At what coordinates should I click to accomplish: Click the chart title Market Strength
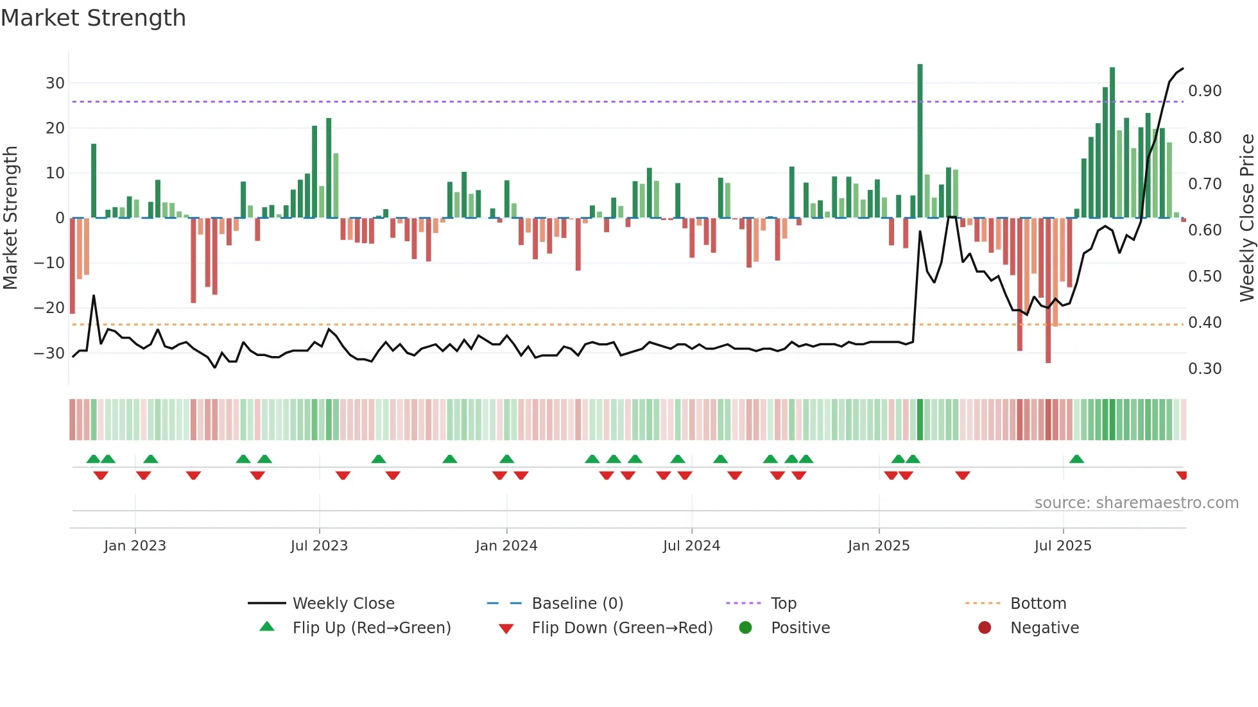(94, 18)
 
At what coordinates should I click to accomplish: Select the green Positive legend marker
(745, 627)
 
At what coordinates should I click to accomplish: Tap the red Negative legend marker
(985, 627)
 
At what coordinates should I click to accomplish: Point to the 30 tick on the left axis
(55, 83)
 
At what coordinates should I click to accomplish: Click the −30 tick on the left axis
(49, 353)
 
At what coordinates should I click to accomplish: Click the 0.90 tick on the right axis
(1205, 91)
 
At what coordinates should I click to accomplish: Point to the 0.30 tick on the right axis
(1205, 368)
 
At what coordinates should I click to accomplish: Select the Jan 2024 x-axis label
(506, 545)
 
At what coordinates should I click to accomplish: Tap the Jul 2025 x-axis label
(1063, 545)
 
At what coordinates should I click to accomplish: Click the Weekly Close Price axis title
(1246, 217)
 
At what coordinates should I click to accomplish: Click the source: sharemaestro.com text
(1136, 502)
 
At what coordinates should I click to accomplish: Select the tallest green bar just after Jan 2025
(920, 141)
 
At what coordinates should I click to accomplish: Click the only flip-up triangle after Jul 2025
(1077, 459)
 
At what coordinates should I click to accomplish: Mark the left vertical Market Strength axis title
(10, 217)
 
